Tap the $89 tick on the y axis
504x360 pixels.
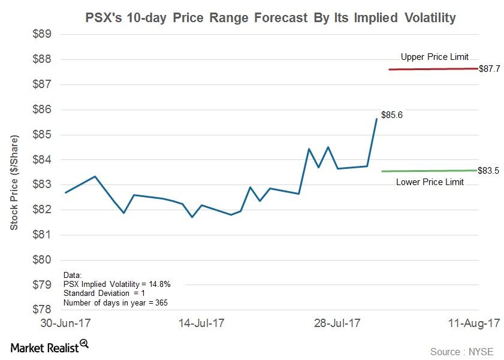tap(41, 34)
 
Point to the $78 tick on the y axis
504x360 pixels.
tap(41, 310)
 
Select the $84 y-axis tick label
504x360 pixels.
tap(41, 160)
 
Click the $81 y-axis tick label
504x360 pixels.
tap(41, 235)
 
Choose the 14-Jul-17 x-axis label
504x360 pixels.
tap(201, 323)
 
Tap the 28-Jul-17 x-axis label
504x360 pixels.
tap(337, 323)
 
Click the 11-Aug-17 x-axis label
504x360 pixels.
tap(473, 323)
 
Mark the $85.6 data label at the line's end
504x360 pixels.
tap(392, 115)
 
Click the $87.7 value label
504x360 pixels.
tap(490, 69)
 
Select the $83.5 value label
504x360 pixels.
tap(490, 170)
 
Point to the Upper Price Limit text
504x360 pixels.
tap(434, 57)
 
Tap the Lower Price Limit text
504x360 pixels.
tap(430, 182)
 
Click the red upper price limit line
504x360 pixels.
tap(431, 69)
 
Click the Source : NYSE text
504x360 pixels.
tap(461, 352)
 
